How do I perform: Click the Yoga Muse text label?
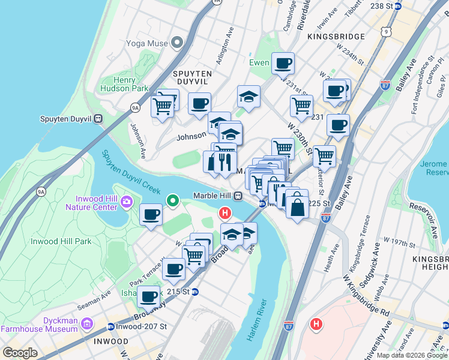point(146,43)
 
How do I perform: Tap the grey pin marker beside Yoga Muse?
point(176,43)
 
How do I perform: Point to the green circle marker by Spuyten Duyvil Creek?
point(173,200)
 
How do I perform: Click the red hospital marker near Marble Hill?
point(225,213)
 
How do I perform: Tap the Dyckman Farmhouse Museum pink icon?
point(88,324)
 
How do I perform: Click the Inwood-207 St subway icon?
point(110,326)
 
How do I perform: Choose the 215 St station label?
point(182,292)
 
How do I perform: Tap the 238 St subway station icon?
point(397,6)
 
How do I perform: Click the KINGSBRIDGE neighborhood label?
point(336,37)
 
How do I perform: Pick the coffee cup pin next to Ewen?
point(283,62)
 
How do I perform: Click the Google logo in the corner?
point(20,353)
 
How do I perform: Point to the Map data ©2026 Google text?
point(412,355)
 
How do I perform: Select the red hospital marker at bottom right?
point(316,325)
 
